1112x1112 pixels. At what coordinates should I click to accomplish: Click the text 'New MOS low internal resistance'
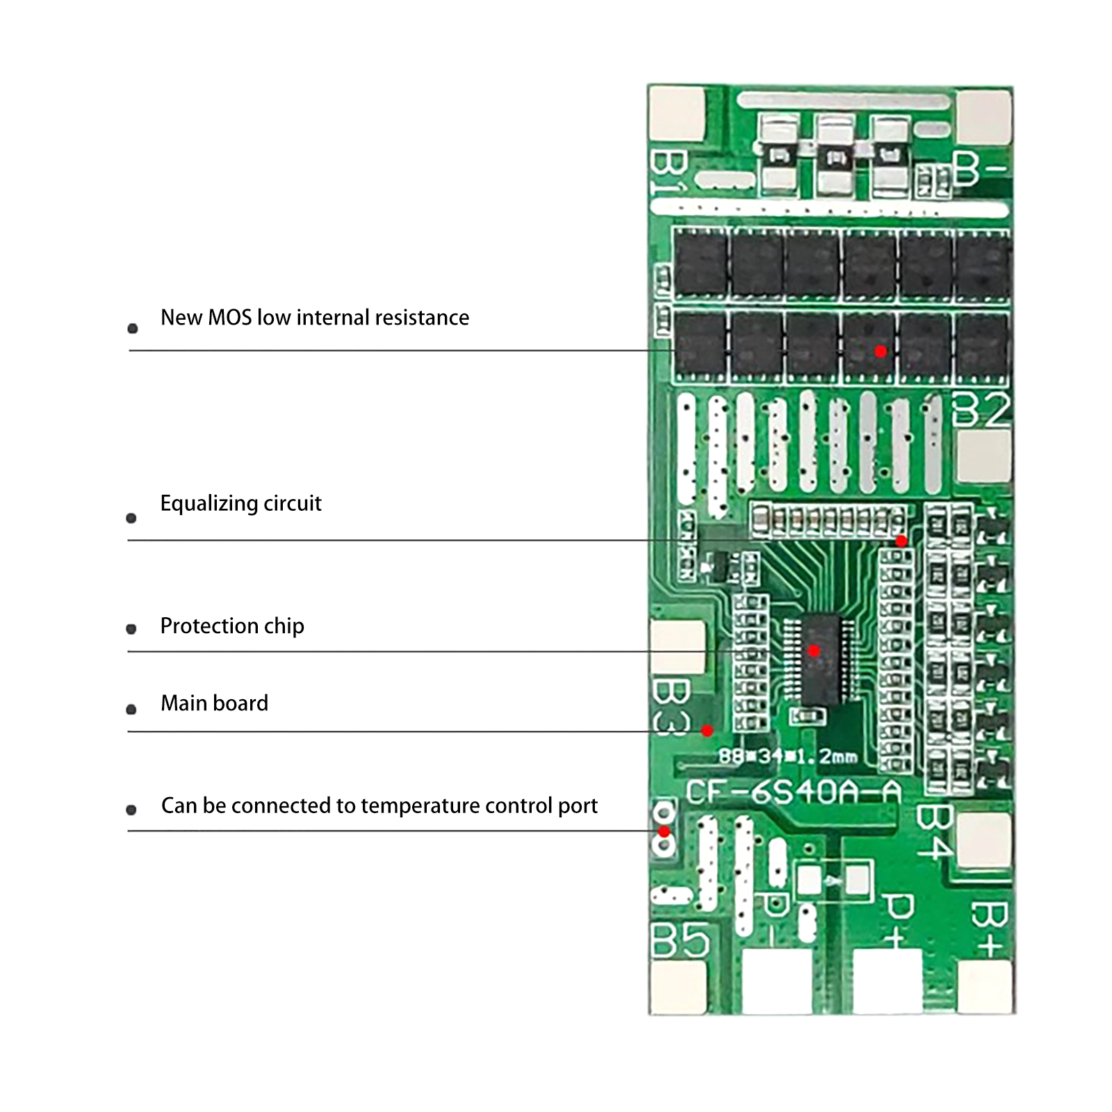(x=314, y=318)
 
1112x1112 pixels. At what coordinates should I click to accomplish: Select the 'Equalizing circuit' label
(x=240, y=503)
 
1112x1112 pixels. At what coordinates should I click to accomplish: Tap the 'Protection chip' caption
(x=232, y=626)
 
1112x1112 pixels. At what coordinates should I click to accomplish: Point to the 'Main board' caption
(x=214, y=703)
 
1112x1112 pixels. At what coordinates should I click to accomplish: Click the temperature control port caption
(x=379, y=806)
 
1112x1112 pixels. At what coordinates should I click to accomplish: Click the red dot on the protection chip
(x=814, y=651)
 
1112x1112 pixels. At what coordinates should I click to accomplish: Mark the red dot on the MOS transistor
(x=881, y=352)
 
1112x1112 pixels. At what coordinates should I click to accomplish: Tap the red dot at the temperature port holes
(x=664, y=832)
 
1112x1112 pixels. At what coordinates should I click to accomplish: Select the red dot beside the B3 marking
(x=707, y=730)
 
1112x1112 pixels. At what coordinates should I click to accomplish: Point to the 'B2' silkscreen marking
(x=980, y=409)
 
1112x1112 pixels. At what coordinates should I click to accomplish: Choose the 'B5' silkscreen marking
(x=680, y=941)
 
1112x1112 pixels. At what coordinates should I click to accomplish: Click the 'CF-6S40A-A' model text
(x=793, y=792)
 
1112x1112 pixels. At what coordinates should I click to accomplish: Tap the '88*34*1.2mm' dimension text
(x=787, y=755)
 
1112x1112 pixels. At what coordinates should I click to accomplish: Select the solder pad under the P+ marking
(x=887, y=981)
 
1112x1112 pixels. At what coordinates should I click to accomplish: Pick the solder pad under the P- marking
(x=776, y=981)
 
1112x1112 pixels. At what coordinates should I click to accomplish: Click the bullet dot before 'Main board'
(x=131, y=710)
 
